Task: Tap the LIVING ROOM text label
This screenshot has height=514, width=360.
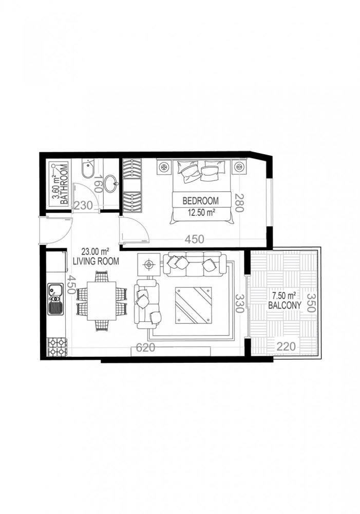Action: pos(96,261)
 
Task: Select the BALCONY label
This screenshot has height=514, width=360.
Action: pos(281,305)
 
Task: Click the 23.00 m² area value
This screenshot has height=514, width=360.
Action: pos(96,252)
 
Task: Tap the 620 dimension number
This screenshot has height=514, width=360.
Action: pos(146,348)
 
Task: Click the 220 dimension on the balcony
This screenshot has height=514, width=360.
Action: pos(286,346)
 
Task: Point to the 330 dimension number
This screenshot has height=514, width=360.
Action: pos(238,304)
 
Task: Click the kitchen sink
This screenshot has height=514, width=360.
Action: pos(54,301)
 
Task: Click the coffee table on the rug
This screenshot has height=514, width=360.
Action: pos(193,305)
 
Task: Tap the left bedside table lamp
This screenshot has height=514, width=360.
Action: pos(164,167)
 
